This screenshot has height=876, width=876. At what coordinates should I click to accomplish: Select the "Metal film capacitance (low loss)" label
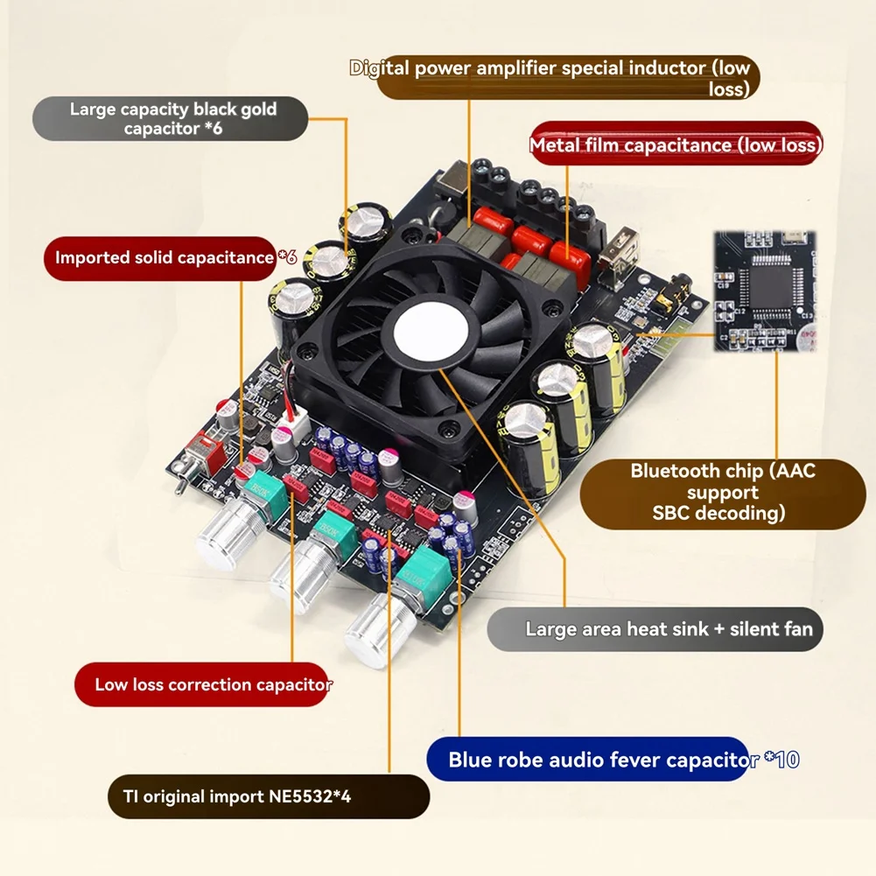click(676, 144)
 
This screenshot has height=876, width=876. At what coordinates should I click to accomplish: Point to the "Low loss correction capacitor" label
click(213, 684)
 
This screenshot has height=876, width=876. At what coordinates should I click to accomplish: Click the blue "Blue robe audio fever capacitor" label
click(602, 760)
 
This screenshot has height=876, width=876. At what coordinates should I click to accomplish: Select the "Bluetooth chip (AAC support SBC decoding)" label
click(722, 492)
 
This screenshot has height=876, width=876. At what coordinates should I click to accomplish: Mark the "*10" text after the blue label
click(781, 760)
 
